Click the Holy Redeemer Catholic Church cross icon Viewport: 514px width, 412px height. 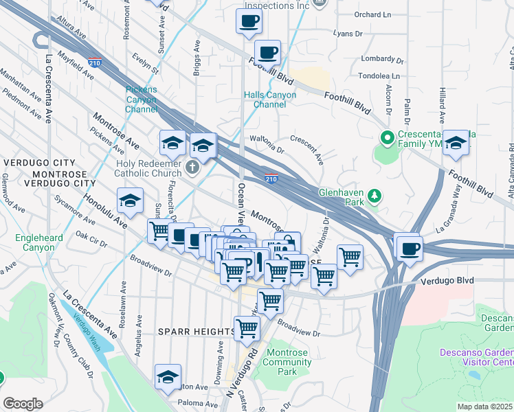(193, 166)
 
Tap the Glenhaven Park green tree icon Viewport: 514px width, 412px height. (375, 198)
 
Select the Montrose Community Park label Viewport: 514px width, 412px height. (278, 362)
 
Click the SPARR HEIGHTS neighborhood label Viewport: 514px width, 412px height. (197, 332)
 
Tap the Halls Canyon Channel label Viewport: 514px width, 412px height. (270, 100)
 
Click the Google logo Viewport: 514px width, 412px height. (23, 404)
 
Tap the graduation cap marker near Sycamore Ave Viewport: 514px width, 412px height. (130, 201)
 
